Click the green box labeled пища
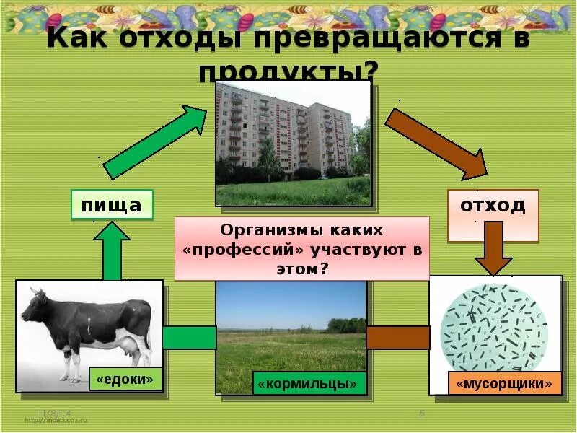[x=112, y=205]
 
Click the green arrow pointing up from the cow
[x=112, y=250]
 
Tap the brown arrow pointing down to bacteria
[x=493, y=248]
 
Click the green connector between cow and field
[x=189, y=338]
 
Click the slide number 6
[x=421, y=413]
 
